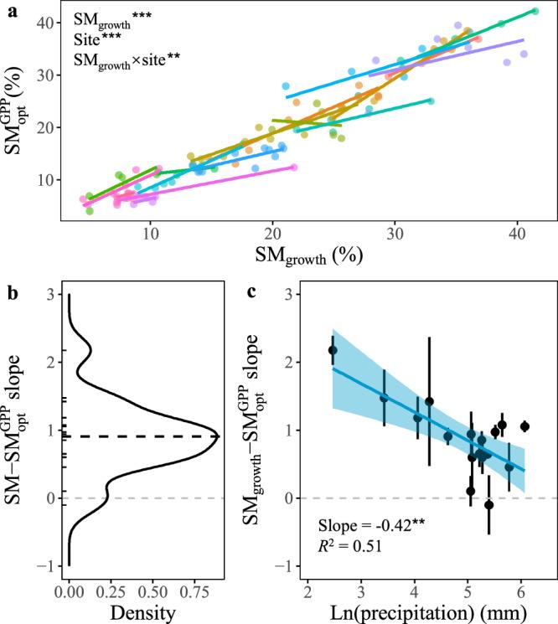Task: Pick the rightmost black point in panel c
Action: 525,426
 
